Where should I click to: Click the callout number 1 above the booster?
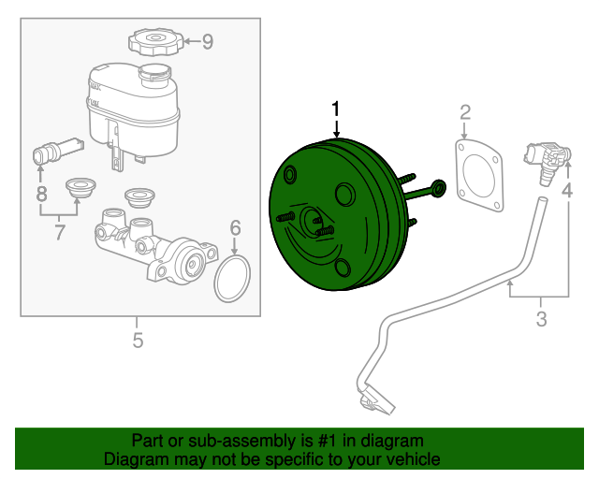click(x=335, y=110)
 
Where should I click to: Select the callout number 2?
click(x=465, y=114)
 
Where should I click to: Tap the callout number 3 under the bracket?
click(x=541, y=321)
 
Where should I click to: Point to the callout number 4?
click(x=566, y=192)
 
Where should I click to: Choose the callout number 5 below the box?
click(x=138, y=341)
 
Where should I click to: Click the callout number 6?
click(x=235, y=226)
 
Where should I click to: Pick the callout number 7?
click(x=60, y=232)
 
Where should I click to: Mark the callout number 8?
click(x=40, y=195)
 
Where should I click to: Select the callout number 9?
click(x=207, y=40)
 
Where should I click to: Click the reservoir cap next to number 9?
click(x=153, y=42)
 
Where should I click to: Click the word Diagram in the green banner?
click(x=139, y=459)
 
